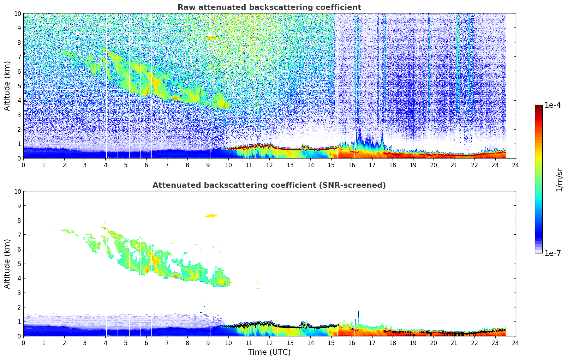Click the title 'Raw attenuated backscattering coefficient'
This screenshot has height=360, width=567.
click(269, 7)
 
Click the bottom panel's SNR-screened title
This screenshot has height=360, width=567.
click(269, 185)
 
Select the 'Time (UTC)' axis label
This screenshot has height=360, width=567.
click(269, 352)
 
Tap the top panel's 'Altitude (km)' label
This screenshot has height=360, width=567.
click(7, 86)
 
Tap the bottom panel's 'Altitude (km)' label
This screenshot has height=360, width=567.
click(7, 264)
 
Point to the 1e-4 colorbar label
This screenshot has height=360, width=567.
click(553, 105)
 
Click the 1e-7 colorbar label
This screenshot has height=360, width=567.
click(553, 253)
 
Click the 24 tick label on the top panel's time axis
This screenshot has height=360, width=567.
click(515, 165)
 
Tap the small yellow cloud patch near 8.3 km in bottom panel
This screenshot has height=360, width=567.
click(211, 215)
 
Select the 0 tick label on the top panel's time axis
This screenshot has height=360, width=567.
click(24, 165)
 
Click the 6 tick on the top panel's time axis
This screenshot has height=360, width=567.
click(147, 165)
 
